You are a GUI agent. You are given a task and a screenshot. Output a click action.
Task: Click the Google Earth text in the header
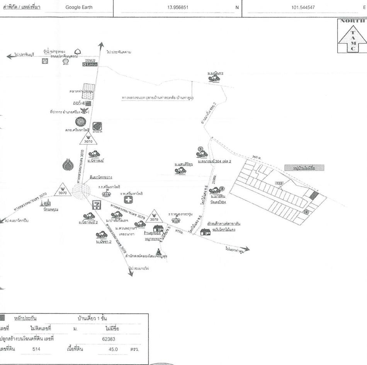click(x=79, y=7)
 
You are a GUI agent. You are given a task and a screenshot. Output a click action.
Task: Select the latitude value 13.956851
click(x=178, y=7)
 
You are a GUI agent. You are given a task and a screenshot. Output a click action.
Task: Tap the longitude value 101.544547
click(x=304, y=7)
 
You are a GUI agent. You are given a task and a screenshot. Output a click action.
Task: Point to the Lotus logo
click(x=87, y=64)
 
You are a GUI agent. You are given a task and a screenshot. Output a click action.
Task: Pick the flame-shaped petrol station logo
click(x=68, y=165)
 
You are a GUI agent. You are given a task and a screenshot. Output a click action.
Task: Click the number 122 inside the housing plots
click(x=279, y=183)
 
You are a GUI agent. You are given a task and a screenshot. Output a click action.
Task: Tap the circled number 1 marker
click(x=200, y=149)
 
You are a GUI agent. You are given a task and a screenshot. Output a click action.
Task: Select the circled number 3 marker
click(x=222, y=188)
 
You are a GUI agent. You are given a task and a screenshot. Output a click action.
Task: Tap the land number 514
click(x=36, y=349)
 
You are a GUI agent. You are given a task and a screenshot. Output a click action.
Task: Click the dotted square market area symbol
click(x=88, y=91)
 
